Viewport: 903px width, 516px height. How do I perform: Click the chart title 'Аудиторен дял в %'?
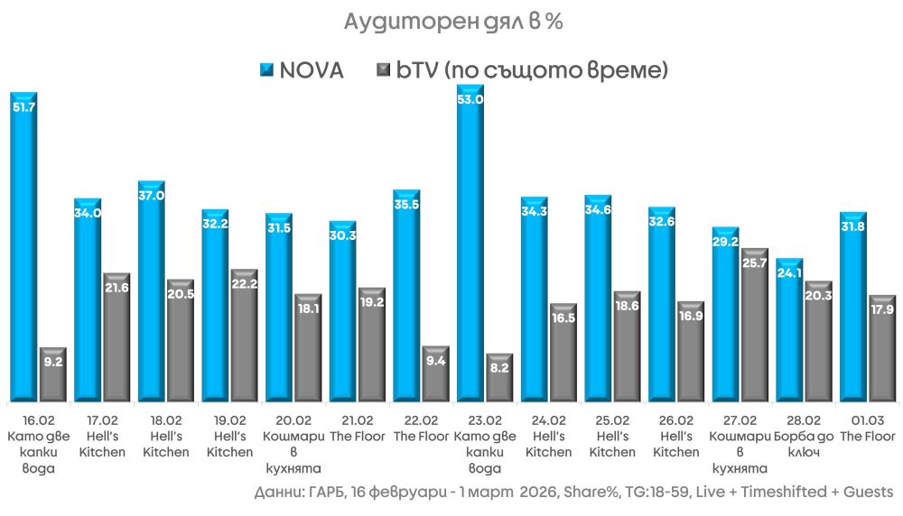(452, 23)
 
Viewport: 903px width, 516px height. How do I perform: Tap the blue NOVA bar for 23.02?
(470, 244)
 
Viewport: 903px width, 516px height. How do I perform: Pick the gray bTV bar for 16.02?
(53, 373)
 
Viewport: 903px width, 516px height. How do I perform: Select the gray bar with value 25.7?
(755, 325)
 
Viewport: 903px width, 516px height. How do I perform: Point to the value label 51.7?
(23, 106)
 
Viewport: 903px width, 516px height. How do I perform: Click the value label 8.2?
(499, 368)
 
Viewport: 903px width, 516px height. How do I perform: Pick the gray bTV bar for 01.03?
(882, 347)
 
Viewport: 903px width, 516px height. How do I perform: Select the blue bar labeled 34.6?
(598, 298)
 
